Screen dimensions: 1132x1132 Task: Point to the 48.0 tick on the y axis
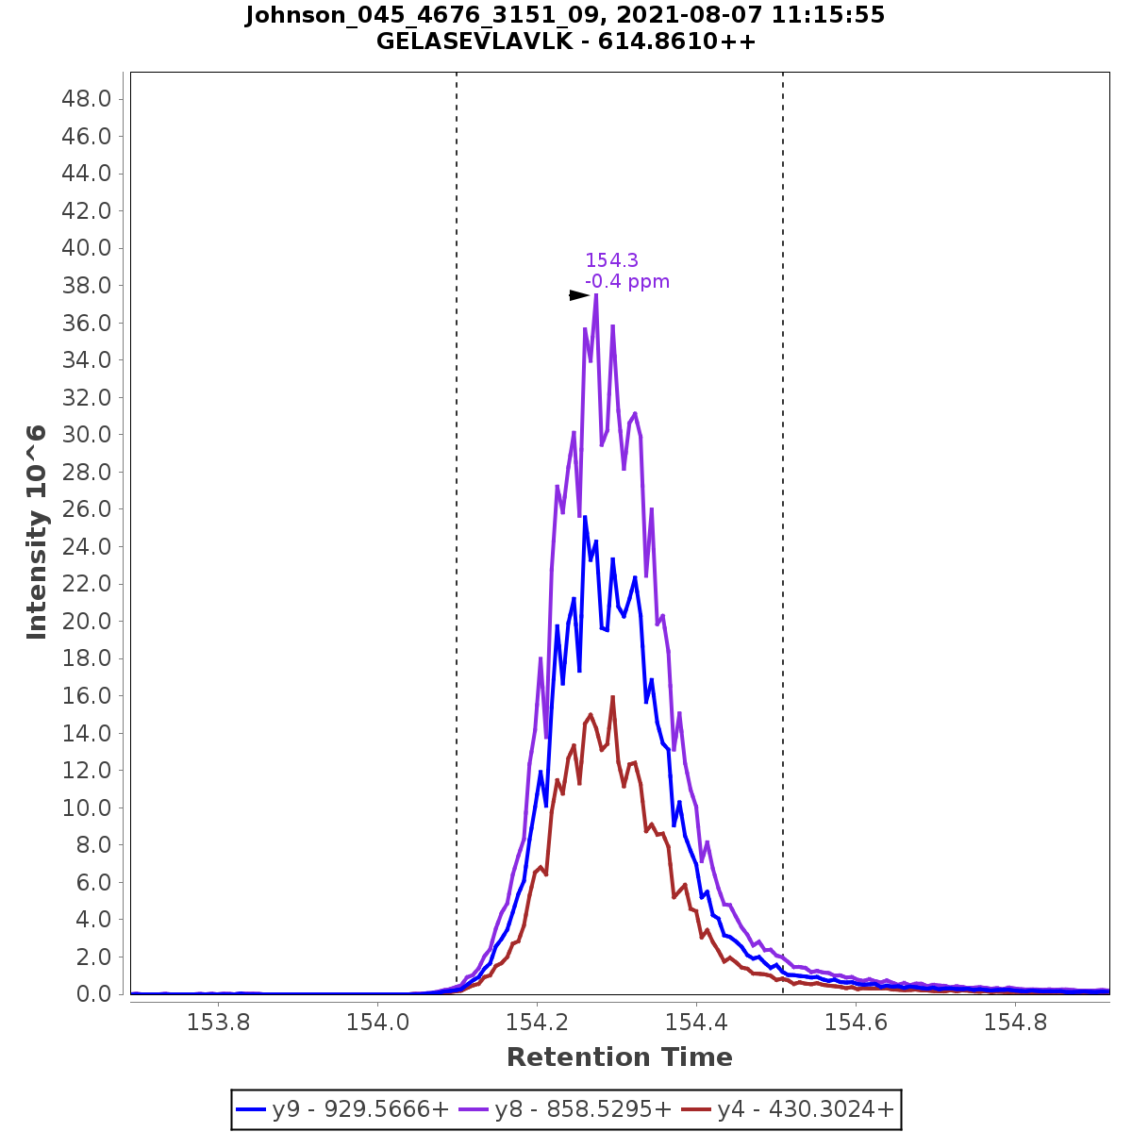click(88, 99)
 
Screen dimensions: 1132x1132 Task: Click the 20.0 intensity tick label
click(88, 621)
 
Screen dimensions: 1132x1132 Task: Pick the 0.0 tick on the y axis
click(93, 993)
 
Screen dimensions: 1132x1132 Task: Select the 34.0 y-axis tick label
click(88, 360)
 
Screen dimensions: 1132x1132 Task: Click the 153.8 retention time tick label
click(218, 1022)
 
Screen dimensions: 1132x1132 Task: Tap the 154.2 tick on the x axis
click(537, 1022)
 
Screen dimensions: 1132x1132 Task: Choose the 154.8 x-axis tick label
click(1014, 1022)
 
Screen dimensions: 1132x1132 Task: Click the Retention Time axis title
click(619, 1057)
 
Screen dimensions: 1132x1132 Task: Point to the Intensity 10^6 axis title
click(37, 532)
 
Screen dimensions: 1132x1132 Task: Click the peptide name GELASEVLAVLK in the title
click(472, 42)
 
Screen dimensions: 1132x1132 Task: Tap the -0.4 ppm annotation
click(627, 281)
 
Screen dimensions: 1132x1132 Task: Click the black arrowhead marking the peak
click(579, 295)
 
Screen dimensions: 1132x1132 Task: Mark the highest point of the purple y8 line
click(596, 295)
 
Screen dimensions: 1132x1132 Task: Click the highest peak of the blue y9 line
click(585, 517)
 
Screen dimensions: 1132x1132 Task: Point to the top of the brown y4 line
click(613, 697)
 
